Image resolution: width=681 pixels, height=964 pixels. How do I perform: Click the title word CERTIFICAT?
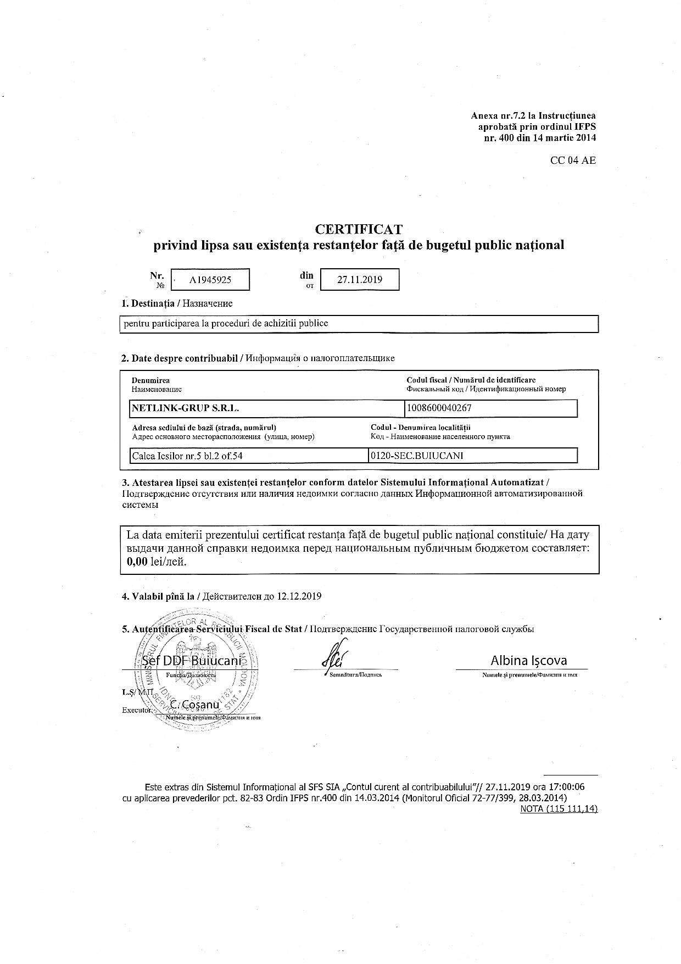[359, 229]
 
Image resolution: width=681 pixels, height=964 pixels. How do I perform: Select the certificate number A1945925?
[210, 280]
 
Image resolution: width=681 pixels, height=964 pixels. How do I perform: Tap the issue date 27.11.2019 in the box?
[360, 279]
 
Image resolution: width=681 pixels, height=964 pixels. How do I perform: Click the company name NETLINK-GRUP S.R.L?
[186, 408]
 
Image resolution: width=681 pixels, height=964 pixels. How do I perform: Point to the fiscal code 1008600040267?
[439, 408]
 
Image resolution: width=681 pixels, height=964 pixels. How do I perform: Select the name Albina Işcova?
[528, 661]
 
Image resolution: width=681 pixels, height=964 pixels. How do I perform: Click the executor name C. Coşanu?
[195, 705]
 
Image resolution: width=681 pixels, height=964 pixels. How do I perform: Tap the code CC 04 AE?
[573, 160]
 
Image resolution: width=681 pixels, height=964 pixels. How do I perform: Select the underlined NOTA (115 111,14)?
[558, 808]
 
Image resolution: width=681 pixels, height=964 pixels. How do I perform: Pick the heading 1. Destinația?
[148, 303]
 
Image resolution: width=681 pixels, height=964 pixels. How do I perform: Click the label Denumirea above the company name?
[150, 380]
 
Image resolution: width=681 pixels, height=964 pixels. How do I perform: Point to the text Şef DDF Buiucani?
[191, 661]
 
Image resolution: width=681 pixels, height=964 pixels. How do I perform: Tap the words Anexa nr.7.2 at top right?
[503, 116]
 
